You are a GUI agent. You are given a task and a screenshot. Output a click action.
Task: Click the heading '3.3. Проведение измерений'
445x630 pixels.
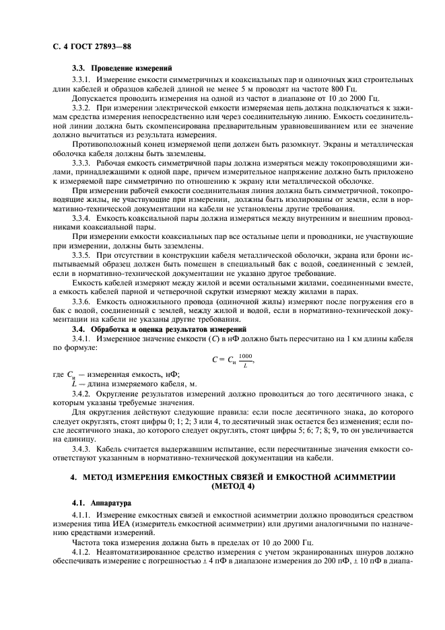point(122,68)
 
